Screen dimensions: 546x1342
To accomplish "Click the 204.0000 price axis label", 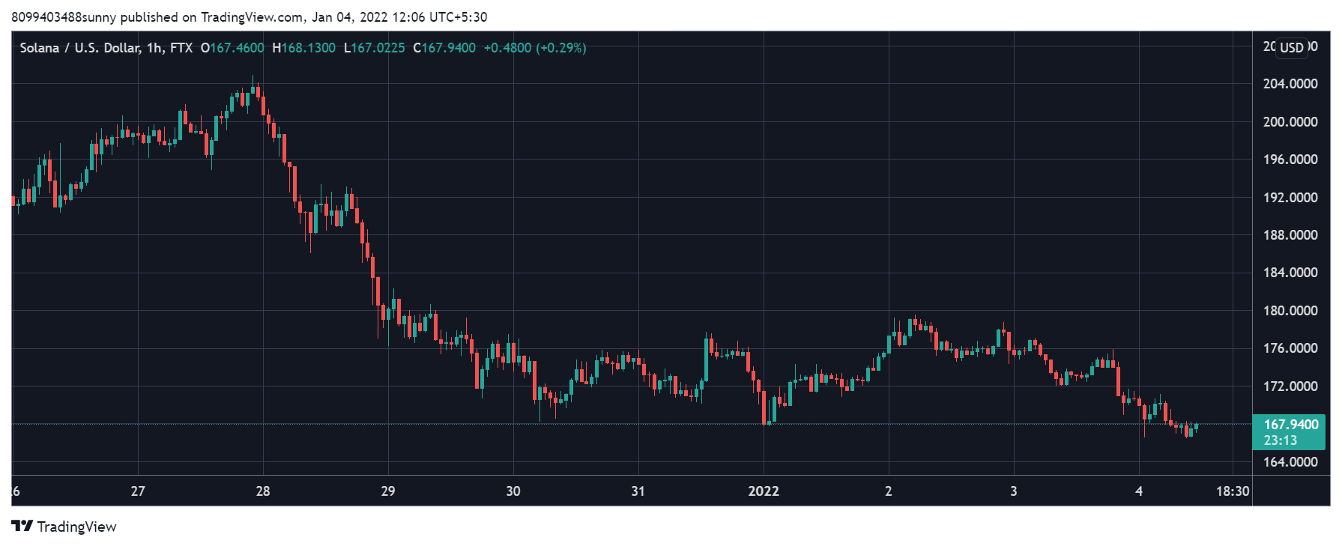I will point(1290,84).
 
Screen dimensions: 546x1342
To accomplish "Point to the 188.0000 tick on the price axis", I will point(1290,235).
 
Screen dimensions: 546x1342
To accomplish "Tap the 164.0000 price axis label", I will point(1290,462).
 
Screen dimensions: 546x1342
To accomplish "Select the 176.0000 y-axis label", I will point(1290,348).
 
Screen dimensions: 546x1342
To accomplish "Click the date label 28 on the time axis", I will point(263,491).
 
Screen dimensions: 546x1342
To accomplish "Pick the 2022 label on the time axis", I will point(764,491).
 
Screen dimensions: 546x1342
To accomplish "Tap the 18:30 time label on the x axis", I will point(1232,491).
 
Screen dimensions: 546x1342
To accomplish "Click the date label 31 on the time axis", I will point(638,491).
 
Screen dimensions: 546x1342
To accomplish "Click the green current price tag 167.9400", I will point(1290,425).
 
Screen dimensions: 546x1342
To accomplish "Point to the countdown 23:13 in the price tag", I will point(1280,440).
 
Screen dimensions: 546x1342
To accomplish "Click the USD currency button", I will point(1291,48).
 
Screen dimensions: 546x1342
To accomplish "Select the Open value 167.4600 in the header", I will point(237,48).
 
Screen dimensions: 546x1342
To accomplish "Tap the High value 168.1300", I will point(308,48).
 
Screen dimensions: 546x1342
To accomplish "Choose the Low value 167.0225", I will point(378,48).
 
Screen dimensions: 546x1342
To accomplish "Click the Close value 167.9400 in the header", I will point(448,48).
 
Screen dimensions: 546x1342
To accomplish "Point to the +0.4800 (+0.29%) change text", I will point(535,48).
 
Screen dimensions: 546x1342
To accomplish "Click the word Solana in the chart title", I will point(40,48).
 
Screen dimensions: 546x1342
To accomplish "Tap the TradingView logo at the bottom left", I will point(64,527).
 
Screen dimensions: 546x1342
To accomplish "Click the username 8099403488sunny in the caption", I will point(64,17).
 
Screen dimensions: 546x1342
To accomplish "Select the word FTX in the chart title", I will point(181,48).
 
